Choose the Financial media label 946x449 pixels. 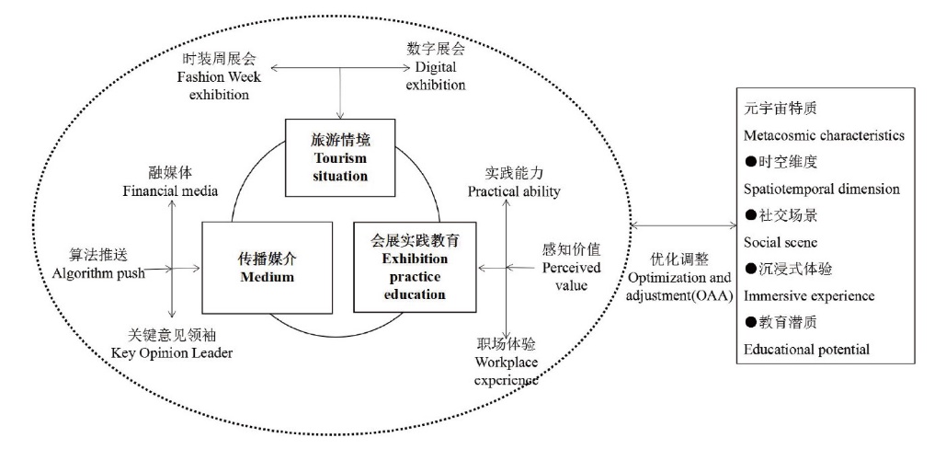pos(170,181)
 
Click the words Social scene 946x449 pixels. pos(781,242)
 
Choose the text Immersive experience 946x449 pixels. pos(809,295)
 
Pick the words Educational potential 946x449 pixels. pos(807,349)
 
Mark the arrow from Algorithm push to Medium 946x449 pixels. pos(175,268)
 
